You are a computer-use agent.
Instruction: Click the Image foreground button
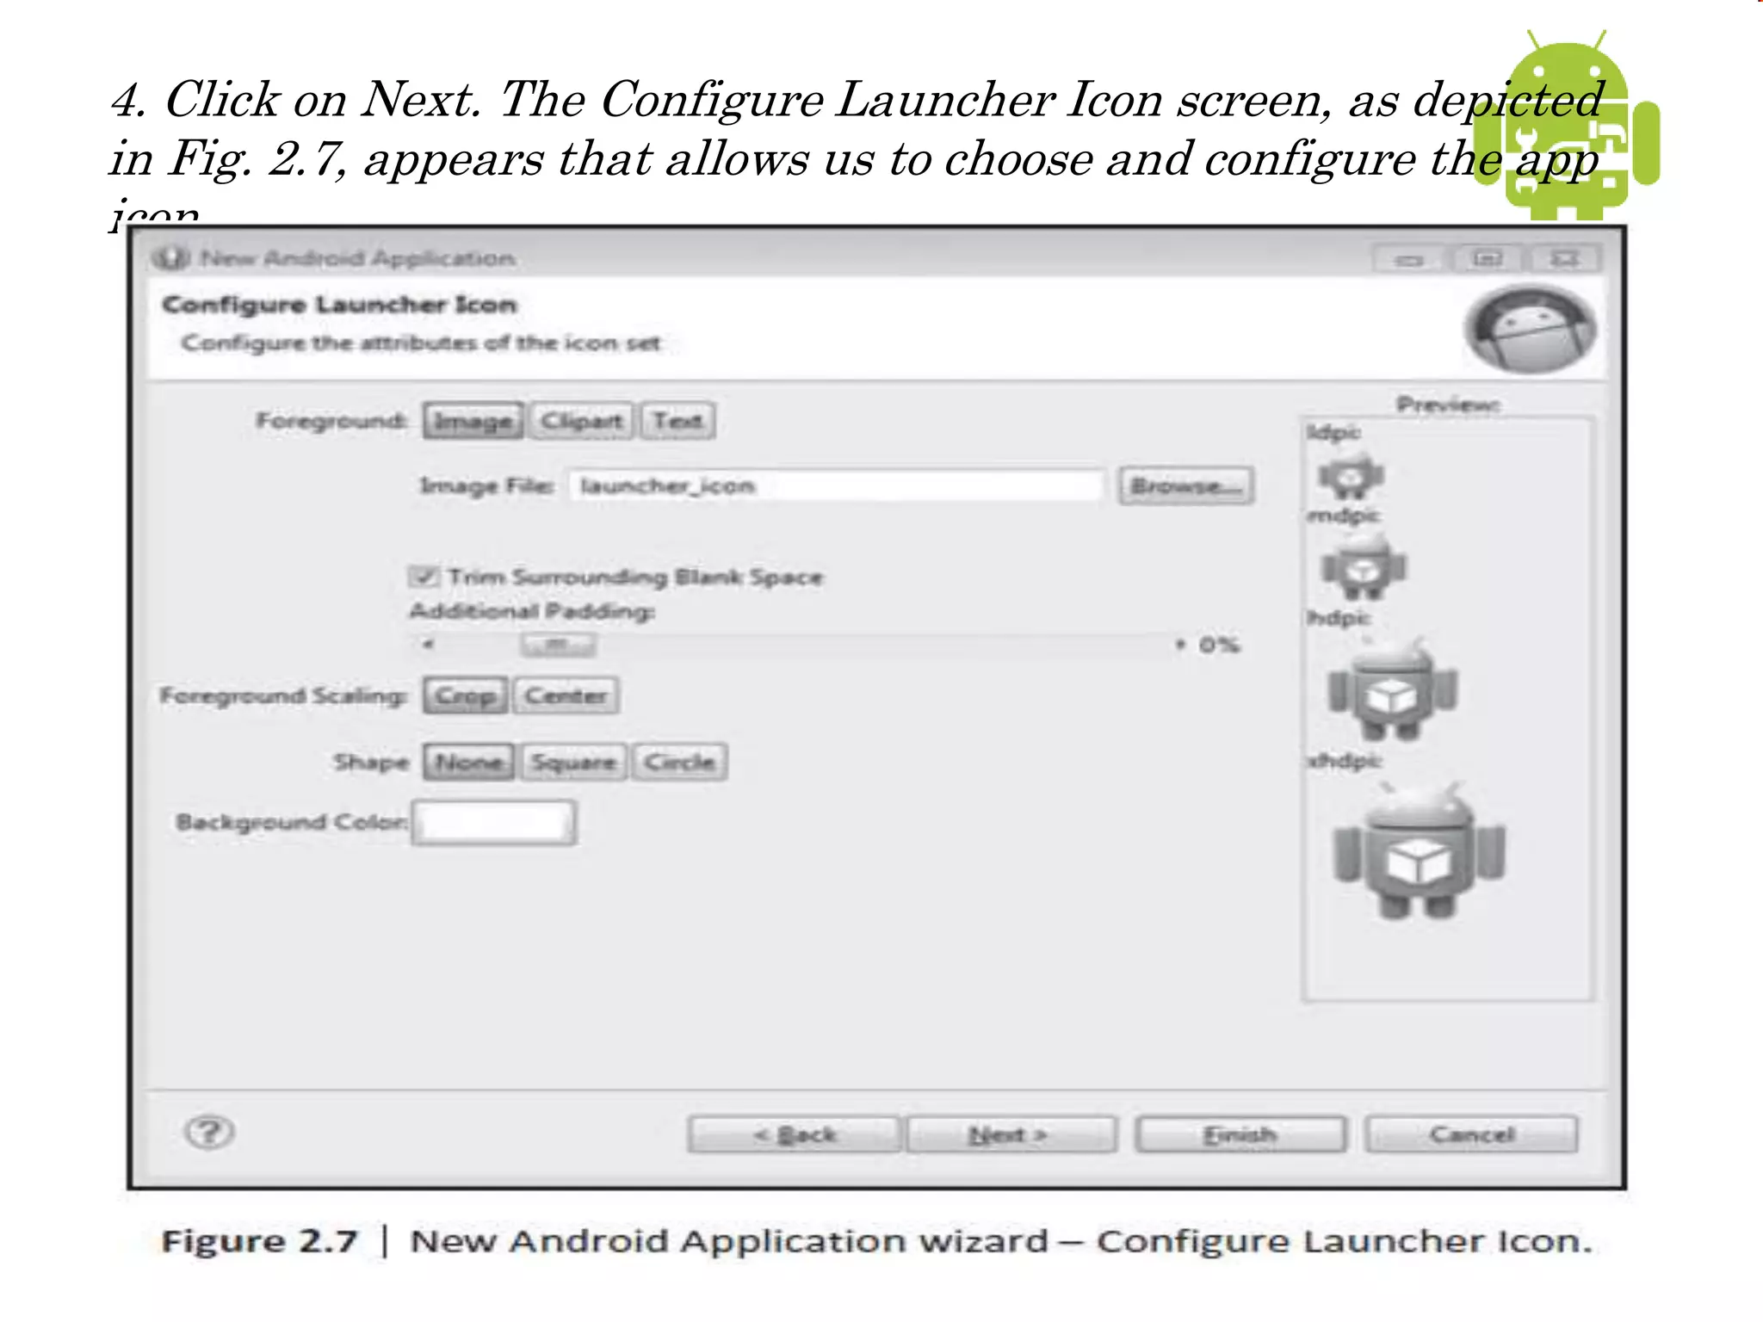[x=473, y=421]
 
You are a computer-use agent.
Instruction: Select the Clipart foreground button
[x=581, y=421]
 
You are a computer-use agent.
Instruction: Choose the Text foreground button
[x=677, y=421]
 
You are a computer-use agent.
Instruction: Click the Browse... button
[x=1185, y=485]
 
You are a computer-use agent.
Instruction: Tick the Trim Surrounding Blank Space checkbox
[x=423, y=576]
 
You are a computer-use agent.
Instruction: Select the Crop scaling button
[x=466, y=695]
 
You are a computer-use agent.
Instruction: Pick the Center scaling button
[x=566, y=695]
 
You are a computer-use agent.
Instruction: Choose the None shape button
[x=468, y=762]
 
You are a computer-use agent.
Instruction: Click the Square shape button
[x=573, y=762]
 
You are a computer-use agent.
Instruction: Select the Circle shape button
[x=679, y=762]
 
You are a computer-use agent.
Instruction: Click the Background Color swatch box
[x=494, y=822]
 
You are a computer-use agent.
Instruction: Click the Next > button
[x=1011, y=1134]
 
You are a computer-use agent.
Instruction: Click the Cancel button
[x=1471, y=1134]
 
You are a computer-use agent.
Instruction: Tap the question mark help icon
[x=209, y=1132]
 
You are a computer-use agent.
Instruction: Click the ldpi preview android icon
[x=1350, y=475]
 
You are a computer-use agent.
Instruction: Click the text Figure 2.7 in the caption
[x=259, y=1241]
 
